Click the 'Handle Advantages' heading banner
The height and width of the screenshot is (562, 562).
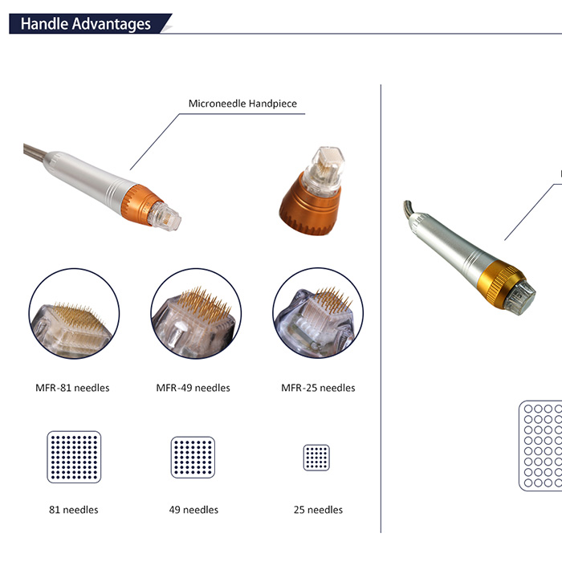(90, 23)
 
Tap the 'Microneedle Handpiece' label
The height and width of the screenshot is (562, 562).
(242, 104)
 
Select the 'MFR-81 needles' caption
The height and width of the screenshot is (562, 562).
(72, 388)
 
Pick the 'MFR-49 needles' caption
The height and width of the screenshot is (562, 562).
(193, 388)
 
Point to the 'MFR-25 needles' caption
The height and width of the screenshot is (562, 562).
(318, 388)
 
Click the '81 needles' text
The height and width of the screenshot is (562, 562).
(74, 510)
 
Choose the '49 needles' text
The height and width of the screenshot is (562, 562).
(193, 510)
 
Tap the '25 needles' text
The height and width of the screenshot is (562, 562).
(318, 510)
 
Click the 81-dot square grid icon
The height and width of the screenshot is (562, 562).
(74, 457)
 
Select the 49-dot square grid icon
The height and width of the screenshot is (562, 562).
(193, 458)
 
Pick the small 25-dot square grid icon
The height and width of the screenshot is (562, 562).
(316, 458)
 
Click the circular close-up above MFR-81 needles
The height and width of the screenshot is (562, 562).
(74, 313)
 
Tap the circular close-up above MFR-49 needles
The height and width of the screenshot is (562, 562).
(196, 313)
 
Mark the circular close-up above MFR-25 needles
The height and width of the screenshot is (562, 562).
(318, 313)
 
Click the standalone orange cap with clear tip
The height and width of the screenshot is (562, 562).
(312, 192)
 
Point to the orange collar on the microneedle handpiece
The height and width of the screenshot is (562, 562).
(140, 206)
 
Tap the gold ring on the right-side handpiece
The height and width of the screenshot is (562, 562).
(502, 283)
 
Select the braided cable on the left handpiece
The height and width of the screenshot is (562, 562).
(35, 150)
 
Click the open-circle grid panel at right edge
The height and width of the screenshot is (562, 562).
(540, 446)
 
